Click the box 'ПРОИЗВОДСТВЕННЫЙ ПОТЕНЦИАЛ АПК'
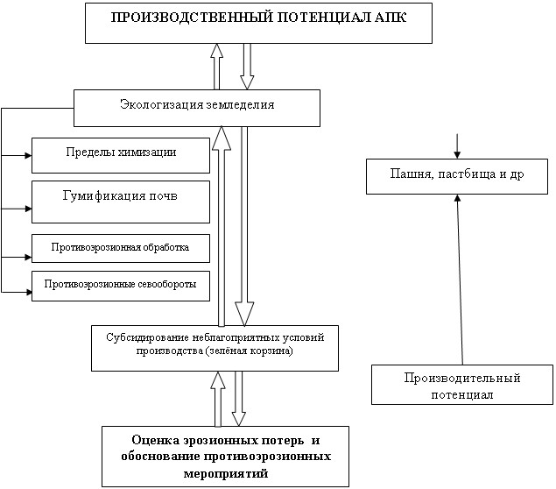tap(258, 22)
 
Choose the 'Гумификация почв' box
tap(121, 201)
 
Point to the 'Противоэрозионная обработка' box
tap(121, 248)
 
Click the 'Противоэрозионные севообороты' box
tap(121, 286)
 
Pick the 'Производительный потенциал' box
tap(462, 386)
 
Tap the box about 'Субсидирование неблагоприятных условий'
tap(215, 344)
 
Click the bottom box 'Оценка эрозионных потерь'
tap(225, 456)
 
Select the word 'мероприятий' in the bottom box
tap(226, 472)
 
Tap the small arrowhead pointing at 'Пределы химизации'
tap(28, 156)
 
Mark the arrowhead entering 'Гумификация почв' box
tap(28, 209)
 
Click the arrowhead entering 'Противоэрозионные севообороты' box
tap(28, 290)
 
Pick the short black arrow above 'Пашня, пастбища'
tap(456, 145)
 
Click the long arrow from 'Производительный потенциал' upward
tap(458, 280)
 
